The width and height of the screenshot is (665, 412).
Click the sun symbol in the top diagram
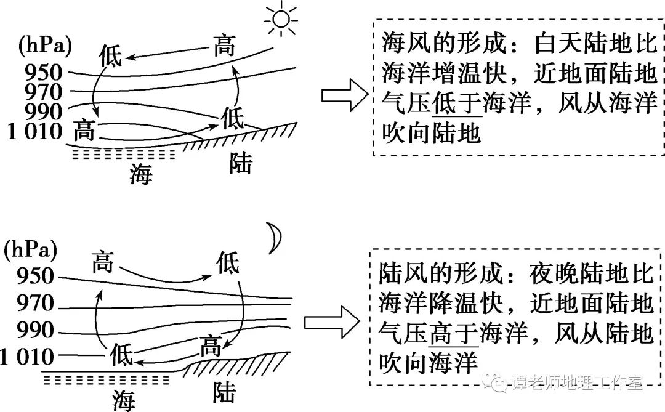pyautogui.click(x=281, y=20)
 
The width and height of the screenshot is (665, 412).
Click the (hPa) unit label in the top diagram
pyautogui.click(x=45, y=45)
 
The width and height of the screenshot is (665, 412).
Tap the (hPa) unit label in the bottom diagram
pyautogui.click(x=30, y=249)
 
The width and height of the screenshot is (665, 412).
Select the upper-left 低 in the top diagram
pyautogui.click(x=111, y=55)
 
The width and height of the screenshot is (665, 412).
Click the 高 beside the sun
pyautogui.click(x=225, y=46)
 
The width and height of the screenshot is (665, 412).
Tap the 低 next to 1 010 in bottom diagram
pyautogui.click(x=121, y=355)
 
